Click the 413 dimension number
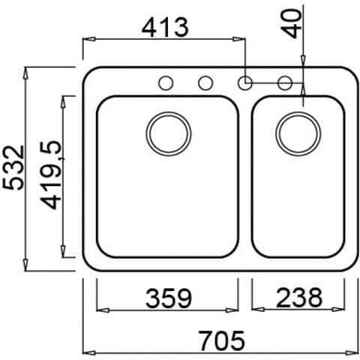pos(165,27)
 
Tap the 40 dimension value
pos(292,24)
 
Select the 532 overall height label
pos(13,167)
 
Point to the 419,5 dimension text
pos(51,175)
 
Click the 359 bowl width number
pos(169,298)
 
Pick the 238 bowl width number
pos(299,298)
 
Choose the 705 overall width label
pos(222,340)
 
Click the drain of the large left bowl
pos(169,133)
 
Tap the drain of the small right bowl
pos(298,133)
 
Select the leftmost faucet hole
pos(166,82)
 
